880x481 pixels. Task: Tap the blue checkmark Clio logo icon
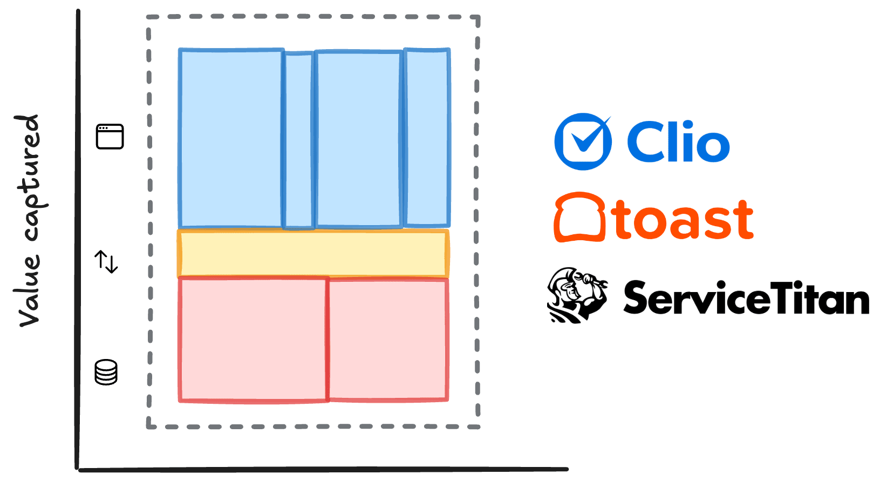click(583, 142)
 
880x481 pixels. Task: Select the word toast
click(683, 220)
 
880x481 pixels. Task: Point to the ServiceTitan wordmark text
click(746, 297)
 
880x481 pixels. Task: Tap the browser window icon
click(110, 137)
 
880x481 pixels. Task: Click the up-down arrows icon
click(106, 261)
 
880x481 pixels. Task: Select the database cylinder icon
click(106, 372)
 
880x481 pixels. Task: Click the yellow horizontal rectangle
click(313, 254)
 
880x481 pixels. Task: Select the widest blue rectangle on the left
click(231, 138)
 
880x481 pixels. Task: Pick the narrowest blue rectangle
click(298, 140)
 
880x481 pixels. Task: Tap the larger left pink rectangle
click(253, 340)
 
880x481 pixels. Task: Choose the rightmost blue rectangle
click(427, 138)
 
